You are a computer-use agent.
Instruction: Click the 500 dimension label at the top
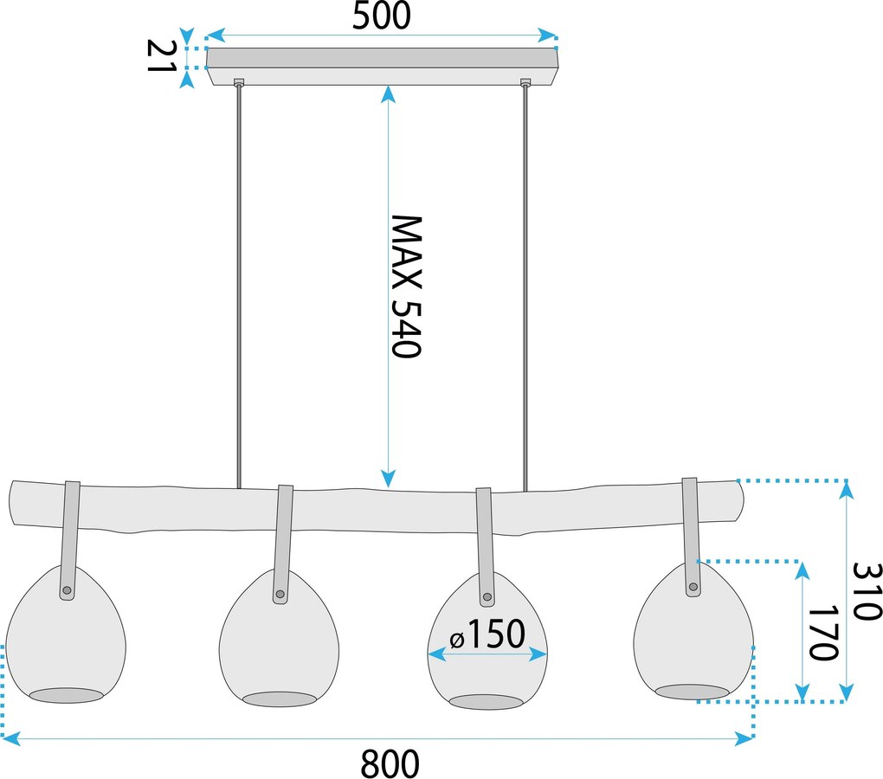(x=381, y=16)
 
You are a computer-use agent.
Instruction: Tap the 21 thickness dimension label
(x=160, y=55)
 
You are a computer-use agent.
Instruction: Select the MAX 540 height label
(x=406, y=286)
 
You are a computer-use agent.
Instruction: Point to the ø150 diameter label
(x=487, y=634)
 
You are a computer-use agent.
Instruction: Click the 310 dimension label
(x=867, y=591)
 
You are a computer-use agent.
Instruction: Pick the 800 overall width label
(x=390, y=763)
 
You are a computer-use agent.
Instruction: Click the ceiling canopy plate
(x=383, y=67)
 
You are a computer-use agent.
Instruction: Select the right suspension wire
(x=525, y=287)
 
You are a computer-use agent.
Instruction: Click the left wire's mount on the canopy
(x=239, y=82)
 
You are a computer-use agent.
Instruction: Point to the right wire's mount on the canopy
(x=525, y=82)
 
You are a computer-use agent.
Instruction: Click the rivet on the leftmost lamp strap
(x=67, y=590)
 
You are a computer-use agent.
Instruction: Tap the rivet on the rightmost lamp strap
(x=693, y=587)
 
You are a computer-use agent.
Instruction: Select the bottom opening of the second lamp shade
(x=280, y=699)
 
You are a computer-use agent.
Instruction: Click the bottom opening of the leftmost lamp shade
(x=67, y=695)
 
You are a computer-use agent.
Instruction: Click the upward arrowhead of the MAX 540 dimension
(x=387, y=93)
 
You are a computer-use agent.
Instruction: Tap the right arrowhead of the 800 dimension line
(x=744, y=738)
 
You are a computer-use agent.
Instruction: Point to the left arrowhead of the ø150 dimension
(x=436, y=654)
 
